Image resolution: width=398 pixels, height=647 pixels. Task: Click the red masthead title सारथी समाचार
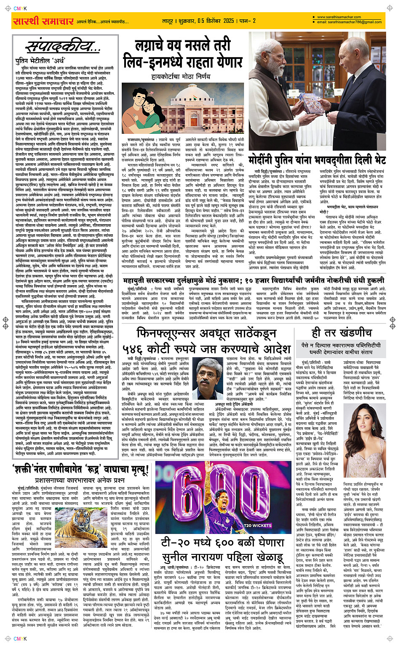point(43,21)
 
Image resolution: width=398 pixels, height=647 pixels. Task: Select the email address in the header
point(349,22)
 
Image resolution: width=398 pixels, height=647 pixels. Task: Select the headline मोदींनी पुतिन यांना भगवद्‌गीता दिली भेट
point(317,160)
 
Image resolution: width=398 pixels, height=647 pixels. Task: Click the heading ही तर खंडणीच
point(342,333)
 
